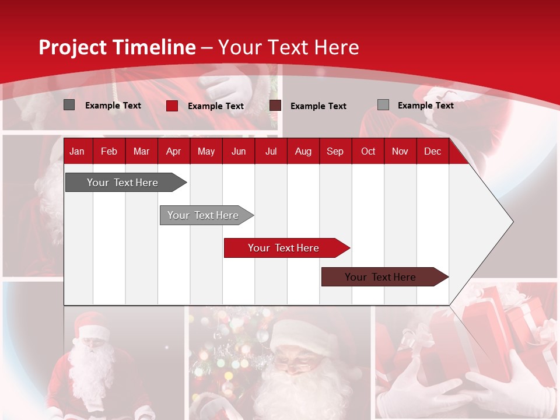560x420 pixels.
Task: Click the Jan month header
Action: (77, 151)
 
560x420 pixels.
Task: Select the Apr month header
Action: (173, 151)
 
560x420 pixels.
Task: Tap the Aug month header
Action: (303, 151)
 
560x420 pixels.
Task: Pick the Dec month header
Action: (432, 151)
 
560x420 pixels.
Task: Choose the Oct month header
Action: (367, 151)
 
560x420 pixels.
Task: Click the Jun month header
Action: (238, 151)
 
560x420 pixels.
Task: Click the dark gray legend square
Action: (69, 105)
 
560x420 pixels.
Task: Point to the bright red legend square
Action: (171, 106)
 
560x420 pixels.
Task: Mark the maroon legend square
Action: (275, 106)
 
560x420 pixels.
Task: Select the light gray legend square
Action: (383, 105)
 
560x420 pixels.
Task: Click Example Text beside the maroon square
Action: (318, 106)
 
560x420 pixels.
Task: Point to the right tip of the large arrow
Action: (512, 221)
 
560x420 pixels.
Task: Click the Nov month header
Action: (400, 151)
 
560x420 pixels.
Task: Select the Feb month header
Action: (108, 151)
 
